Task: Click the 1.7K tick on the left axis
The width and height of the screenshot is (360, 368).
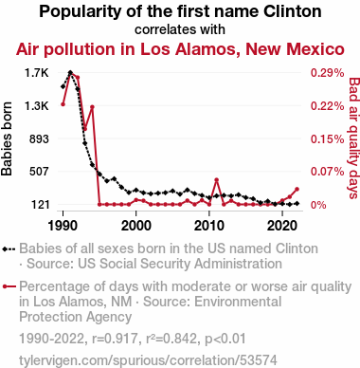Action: click(x=37, y=73)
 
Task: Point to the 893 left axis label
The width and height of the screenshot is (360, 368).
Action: click(x=39, y=138)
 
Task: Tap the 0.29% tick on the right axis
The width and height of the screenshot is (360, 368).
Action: click(x=327, y=73)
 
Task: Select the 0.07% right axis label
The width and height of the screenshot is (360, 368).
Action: click(x=327, y=172)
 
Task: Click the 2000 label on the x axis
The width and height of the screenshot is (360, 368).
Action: click(x=136, y=226)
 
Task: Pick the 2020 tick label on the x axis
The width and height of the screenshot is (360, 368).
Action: click(x=282, y=226)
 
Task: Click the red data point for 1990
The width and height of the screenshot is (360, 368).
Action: click(x=63, y=104)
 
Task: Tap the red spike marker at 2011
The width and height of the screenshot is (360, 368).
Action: click(x=217, y=180)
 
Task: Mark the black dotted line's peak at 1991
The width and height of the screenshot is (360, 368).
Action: click(x=70, y=73)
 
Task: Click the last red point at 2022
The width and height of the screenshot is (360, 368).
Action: click(x=297, y=189)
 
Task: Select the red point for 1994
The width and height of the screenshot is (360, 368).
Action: click(x=92, y=107)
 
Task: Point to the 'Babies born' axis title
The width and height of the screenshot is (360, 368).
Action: click(x=7, y=138)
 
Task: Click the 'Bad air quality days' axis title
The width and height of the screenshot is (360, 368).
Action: click(x=354, y=138)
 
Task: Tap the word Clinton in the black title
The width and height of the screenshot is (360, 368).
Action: click(x=293, y=11)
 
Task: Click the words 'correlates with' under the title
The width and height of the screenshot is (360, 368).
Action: click(x=180, y=29)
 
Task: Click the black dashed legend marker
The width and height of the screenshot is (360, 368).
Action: click(x=9, y=248)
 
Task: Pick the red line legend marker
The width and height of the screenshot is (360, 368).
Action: click(x=9, y=286)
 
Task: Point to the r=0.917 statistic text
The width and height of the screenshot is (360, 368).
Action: click(x=115, y=339)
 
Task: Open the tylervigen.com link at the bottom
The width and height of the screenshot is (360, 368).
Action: click(x=148, y=360)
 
